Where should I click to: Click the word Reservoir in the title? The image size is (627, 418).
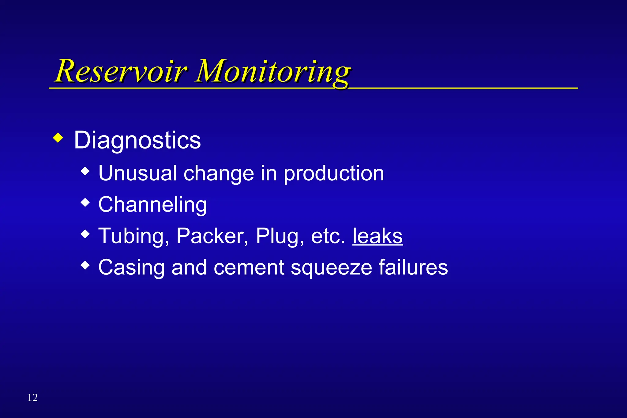pos(121,71)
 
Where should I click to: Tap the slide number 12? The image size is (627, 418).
pos(32,397)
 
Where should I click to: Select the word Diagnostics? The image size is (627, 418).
pos(137,141)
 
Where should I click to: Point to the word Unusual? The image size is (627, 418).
pos(137,173)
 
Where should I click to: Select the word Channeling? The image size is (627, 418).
pos(152,205)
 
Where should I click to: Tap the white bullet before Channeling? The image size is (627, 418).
pos(85,202)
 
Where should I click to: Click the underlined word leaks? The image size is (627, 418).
pos(377,236)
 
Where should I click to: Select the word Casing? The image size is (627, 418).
pos(132,268)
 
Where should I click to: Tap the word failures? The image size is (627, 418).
pos(413,267)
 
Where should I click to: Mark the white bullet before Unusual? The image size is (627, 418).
pos(85,171)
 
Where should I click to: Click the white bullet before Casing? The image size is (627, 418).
pos(85,265)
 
